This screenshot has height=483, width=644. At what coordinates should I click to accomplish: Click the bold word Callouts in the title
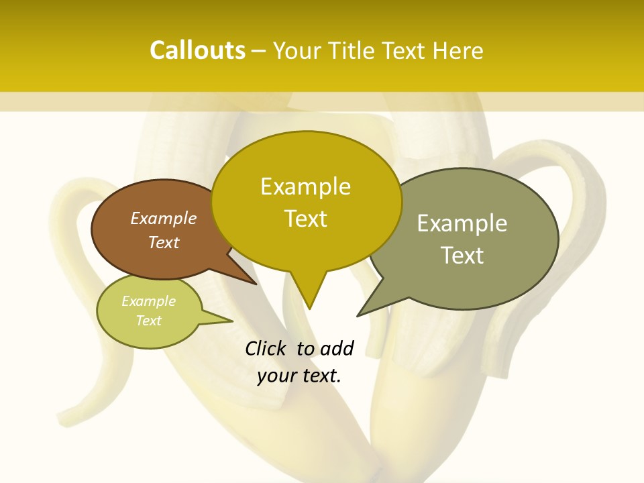[197, 50]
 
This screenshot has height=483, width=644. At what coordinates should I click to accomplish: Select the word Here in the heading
[458, 50]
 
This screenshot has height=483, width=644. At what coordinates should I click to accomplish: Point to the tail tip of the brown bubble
[256, 284]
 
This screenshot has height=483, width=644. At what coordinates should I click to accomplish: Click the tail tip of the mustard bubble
[309, 309]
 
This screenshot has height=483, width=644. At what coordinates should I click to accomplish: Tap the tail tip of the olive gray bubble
[358, 315]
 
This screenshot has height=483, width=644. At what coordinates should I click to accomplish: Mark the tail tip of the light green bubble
[232, 321]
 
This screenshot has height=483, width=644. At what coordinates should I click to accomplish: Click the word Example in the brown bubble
[163, 218]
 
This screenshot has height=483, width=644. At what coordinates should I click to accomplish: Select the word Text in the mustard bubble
[306, 218]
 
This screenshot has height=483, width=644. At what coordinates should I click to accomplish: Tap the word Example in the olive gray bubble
[462, 223]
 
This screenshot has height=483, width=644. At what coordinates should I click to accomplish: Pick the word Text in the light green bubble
[149, 321]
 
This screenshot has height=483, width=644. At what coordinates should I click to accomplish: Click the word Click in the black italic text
[266, 348]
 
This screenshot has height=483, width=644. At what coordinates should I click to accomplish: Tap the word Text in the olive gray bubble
[462, 255]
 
